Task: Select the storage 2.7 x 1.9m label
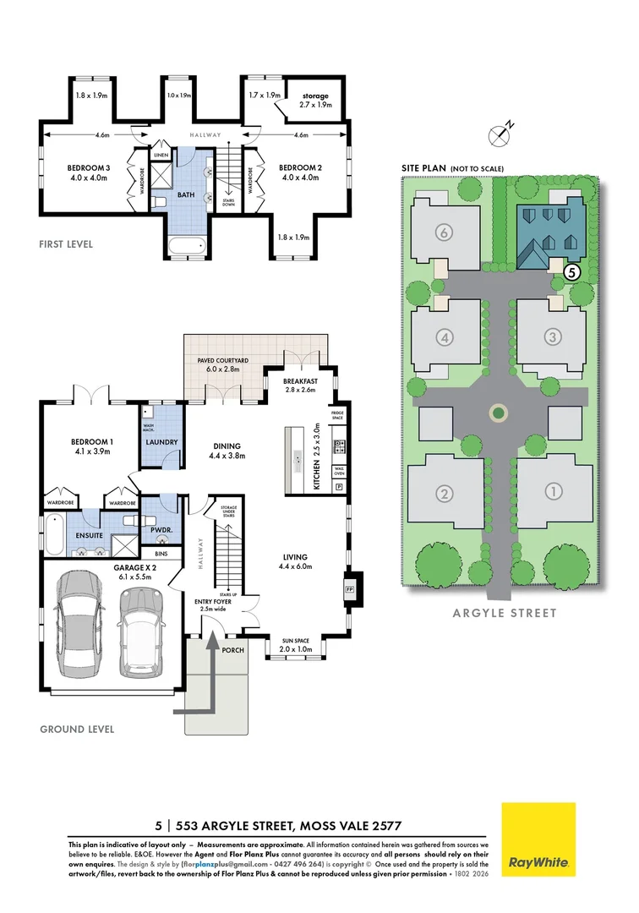311,101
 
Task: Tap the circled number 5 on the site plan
571,272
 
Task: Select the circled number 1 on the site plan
554,491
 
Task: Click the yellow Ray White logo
538,839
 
